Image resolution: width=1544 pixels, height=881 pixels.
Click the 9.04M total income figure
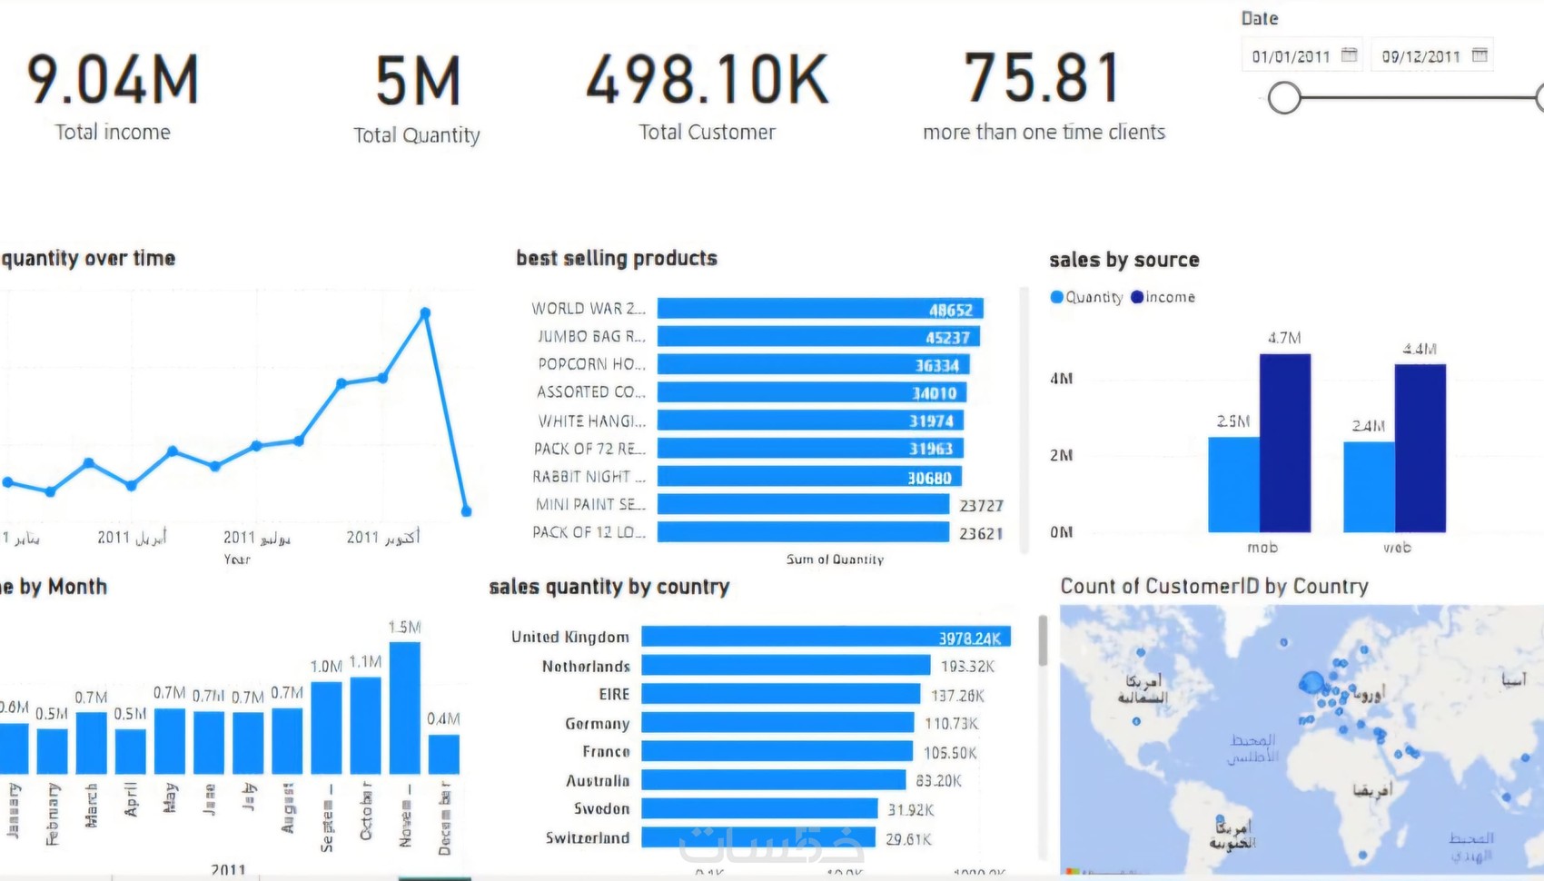(x=113, y=80)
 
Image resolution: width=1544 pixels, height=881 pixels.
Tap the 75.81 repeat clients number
(x=1042, y=78)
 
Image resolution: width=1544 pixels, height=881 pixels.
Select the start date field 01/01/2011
(x=1291, y=56)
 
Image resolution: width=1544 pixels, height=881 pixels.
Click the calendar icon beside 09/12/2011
(x=1480, y=55)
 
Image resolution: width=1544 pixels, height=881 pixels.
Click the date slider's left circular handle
(x=1284, y=97)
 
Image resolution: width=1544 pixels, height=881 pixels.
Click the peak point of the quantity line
(x=425, y=313)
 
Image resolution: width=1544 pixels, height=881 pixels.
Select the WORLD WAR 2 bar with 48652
(x=819, y=309)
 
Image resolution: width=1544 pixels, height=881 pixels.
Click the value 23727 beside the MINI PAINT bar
(x=981, y=506)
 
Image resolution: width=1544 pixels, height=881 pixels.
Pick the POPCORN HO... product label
(x=591, y=364)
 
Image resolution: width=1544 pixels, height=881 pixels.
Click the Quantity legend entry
(x=1087, y=297)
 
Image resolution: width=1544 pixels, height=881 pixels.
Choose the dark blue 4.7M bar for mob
(x=1284, y=443)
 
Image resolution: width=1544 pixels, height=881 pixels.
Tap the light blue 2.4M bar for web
(x=1369, y=487)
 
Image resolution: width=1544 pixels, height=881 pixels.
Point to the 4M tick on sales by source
(x=1061, y=379)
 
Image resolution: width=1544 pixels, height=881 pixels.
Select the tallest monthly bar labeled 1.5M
(x=404, y=708)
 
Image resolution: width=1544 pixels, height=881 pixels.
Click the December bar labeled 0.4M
(x=443, y=754)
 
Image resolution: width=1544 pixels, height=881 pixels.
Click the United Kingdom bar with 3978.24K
(x=825, y=638)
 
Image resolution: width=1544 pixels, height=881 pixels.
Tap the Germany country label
(x=597, y=724)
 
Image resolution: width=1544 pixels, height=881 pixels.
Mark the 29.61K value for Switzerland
(x=908, y=839)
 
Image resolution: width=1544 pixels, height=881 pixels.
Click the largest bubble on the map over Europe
(x=1311, y=683)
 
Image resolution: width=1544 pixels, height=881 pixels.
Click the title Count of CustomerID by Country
(x=1213, y=587)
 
